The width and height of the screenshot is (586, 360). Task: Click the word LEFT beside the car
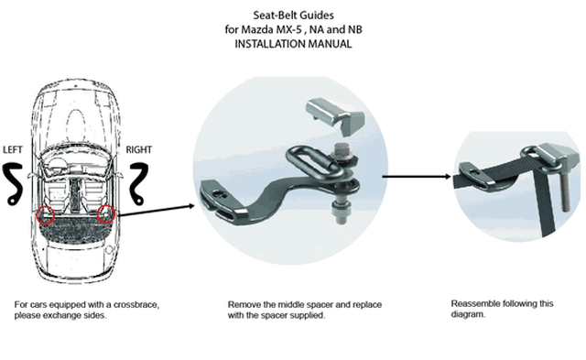(12, 149)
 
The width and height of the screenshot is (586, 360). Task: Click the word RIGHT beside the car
(138, 149)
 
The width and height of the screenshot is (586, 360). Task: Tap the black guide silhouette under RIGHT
(138, 184)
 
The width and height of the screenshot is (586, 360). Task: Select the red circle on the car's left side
(46, 214)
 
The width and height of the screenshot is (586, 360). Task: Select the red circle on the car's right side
(105, 214)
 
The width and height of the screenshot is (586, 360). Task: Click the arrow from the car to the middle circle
(156, 210)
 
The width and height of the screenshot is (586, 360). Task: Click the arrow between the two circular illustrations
(417, 176)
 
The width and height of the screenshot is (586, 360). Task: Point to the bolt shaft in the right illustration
(563, 191)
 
